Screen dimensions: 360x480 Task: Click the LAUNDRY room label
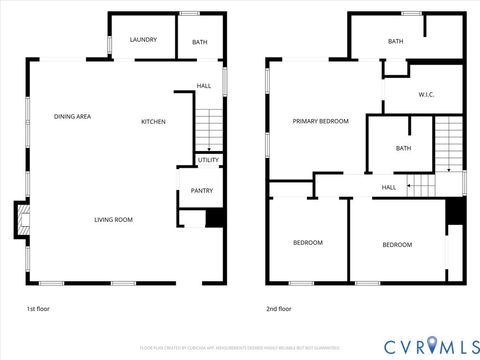click(143, 40)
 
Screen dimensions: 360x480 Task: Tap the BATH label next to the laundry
click(199, 41)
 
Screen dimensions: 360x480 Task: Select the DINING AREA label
click(73, 117)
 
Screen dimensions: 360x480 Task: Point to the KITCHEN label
click(153, 122)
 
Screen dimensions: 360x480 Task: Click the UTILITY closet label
click(208, 160)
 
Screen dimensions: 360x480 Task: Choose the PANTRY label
click(201, 191)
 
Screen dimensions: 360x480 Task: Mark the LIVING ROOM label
click(113, 220)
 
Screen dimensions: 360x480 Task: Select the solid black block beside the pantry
click(213, 218)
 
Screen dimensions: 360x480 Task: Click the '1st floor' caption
click(38, 309)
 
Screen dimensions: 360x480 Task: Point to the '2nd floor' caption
click(279, 309)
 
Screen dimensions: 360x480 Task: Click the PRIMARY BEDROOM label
click(320, 121)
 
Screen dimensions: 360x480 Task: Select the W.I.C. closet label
click(423, 96)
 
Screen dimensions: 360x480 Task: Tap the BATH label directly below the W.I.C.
click(403, 148)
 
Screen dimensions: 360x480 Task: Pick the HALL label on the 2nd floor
click(388, 187)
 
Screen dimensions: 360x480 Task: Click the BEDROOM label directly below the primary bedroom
click(307, 243)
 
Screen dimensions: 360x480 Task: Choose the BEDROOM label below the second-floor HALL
click(397, 244)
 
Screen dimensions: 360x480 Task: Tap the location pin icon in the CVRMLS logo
click(431, 345)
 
